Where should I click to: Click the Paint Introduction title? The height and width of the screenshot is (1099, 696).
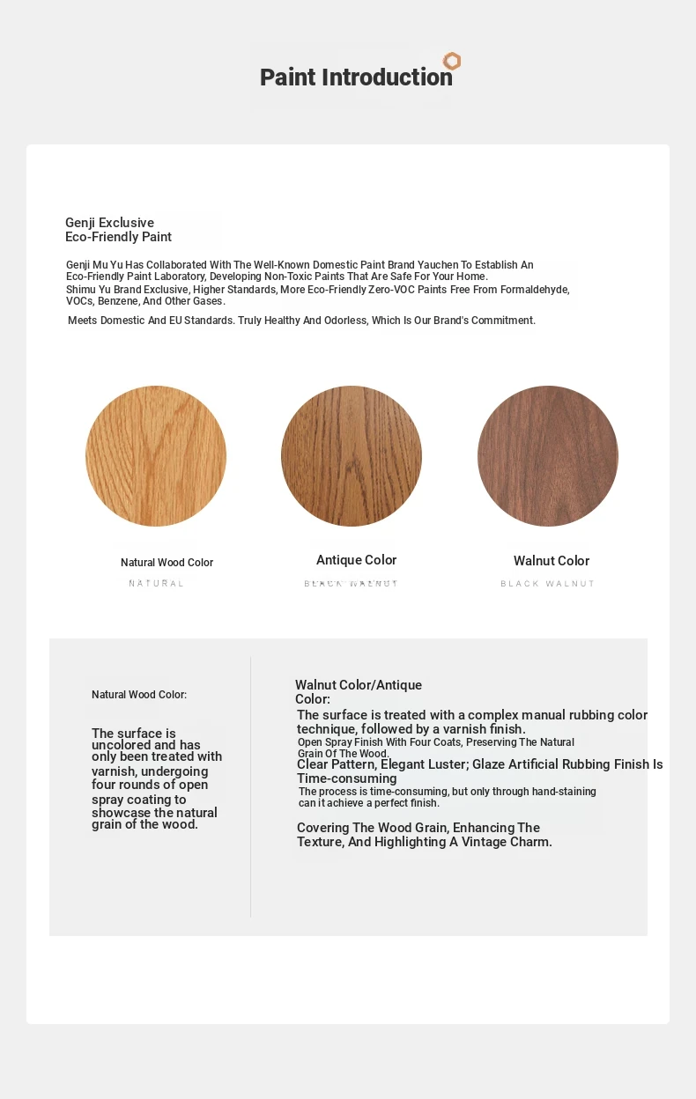pyautogui.click(x=356, y=77)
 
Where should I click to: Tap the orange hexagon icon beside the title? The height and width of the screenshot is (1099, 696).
pyautogui.click(x=452, y=61)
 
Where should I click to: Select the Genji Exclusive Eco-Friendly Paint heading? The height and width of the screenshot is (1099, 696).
pyautogui.click(x=118, y=230)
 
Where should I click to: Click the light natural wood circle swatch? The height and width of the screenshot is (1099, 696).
pyautogui.click(x=156, y=456)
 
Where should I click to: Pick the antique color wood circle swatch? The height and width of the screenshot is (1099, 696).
pyautogui.click(x=352, y=456)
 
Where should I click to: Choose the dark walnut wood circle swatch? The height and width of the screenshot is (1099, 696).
pyautogui.click(x=548, y=456)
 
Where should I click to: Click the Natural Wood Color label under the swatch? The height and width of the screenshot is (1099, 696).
pyautogui.click(x=167, y=563)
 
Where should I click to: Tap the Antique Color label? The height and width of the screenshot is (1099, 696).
pyautogui.click(x=357, y=560)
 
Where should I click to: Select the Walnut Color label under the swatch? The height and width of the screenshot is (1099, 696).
pyautogui.click(x=552, y=561)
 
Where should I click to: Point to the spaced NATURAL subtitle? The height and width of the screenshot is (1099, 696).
pyautogui.click(x=157, y=584)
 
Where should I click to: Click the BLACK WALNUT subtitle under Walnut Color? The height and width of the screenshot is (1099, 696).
pyautogui.click(x=548, y=584)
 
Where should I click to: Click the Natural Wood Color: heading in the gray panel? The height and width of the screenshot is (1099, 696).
pyautogui.click(x=139, y=695)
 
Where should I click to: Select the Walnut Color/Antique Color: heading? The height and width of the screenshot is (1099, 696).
pyautogui.click(x=359, y=691)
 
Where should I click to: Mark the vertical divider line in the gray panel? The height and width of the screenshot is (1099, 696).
pyautogui.click(x=250, y=786)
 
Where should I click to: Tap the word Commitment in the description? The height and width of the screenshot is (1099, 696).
pyautogui.click(x=503, y=321)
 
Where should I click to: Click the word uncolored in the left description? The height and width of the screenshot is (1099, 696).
pyautogui.click(x=122, y=745)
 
